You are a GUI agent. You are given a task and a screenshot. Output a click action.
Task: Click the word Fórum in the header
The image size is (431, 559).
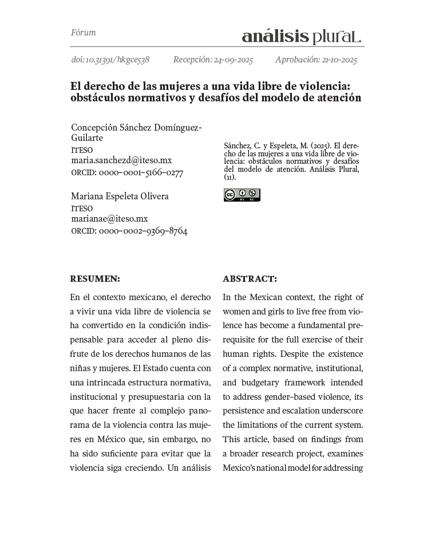(83, 33)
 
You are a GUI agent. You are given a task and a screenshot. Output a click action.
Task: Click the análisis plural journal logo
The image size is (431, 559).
(302, 36)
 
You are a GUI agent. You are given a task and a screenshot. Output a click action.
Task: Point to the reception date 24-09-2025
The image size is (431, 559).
(232, 60)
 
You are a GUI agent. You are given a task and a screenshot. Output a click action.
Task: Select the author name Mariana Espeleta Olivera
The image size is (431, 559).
(120, 196)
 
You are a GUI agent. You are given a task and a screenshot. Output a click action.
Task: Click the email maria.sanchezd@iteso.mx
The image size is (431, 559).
(121, 160)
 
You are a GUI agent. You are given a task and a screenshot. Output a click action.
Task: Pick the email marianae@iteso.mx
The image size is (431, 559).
(109, 218)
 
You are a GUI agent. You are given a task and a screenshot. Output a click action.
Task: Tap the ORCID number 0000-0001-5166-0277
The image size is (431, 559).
(141, 172)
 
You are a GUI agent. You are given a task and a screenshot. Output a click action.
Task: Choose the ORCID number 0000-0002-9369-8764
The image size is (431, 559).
(143, 231)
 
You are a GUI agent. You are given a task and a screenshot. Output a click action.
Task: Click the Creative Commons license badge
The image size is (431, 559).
(242, 195)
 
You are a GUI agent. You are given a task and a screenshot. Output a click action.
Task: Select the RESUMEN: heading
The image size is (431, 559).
(95, 279)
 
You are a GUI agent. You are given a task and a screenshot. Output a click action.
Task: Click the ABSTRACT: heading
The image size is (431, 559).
(250, 279)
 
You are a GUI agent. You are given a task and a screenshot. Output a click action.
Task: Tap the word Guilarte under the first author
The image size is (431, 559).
(87, 138)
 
